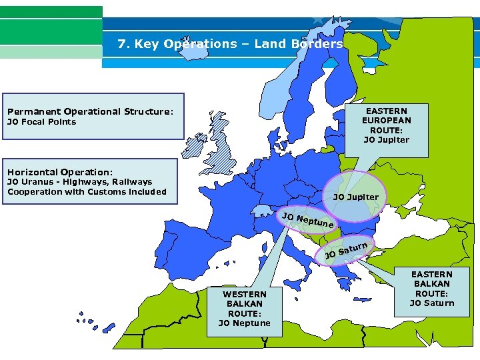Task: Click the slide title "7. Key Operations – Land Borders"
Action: tap(230, 44)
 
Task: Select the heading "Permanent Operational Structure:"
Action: tap(90, 111)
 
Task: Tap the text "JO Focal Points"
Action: tap(41, 122)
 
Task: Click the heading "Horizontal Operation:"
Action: tap(60, 171)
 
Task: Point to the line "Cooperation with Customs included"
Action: tap(87, 192)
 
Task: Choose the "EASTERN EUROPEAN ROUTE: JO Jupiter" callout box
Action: tap(387, 125)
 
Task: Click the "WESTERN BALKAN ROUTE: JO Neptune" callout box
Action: tap(245, 309)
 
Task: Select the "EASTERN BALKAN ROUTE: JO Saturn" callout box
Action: tap(431, 289)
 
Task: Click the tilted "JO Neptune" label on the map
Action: tap(307, 221)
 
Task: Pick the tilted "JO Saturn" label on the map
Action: tap(346, 251)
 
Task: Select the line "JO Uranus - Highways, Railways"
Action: tap(79, 182)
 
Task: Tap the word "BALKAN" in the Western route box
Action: tap(245, 304)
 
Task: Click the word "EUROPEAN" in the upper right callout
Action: tap(387, 121)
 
